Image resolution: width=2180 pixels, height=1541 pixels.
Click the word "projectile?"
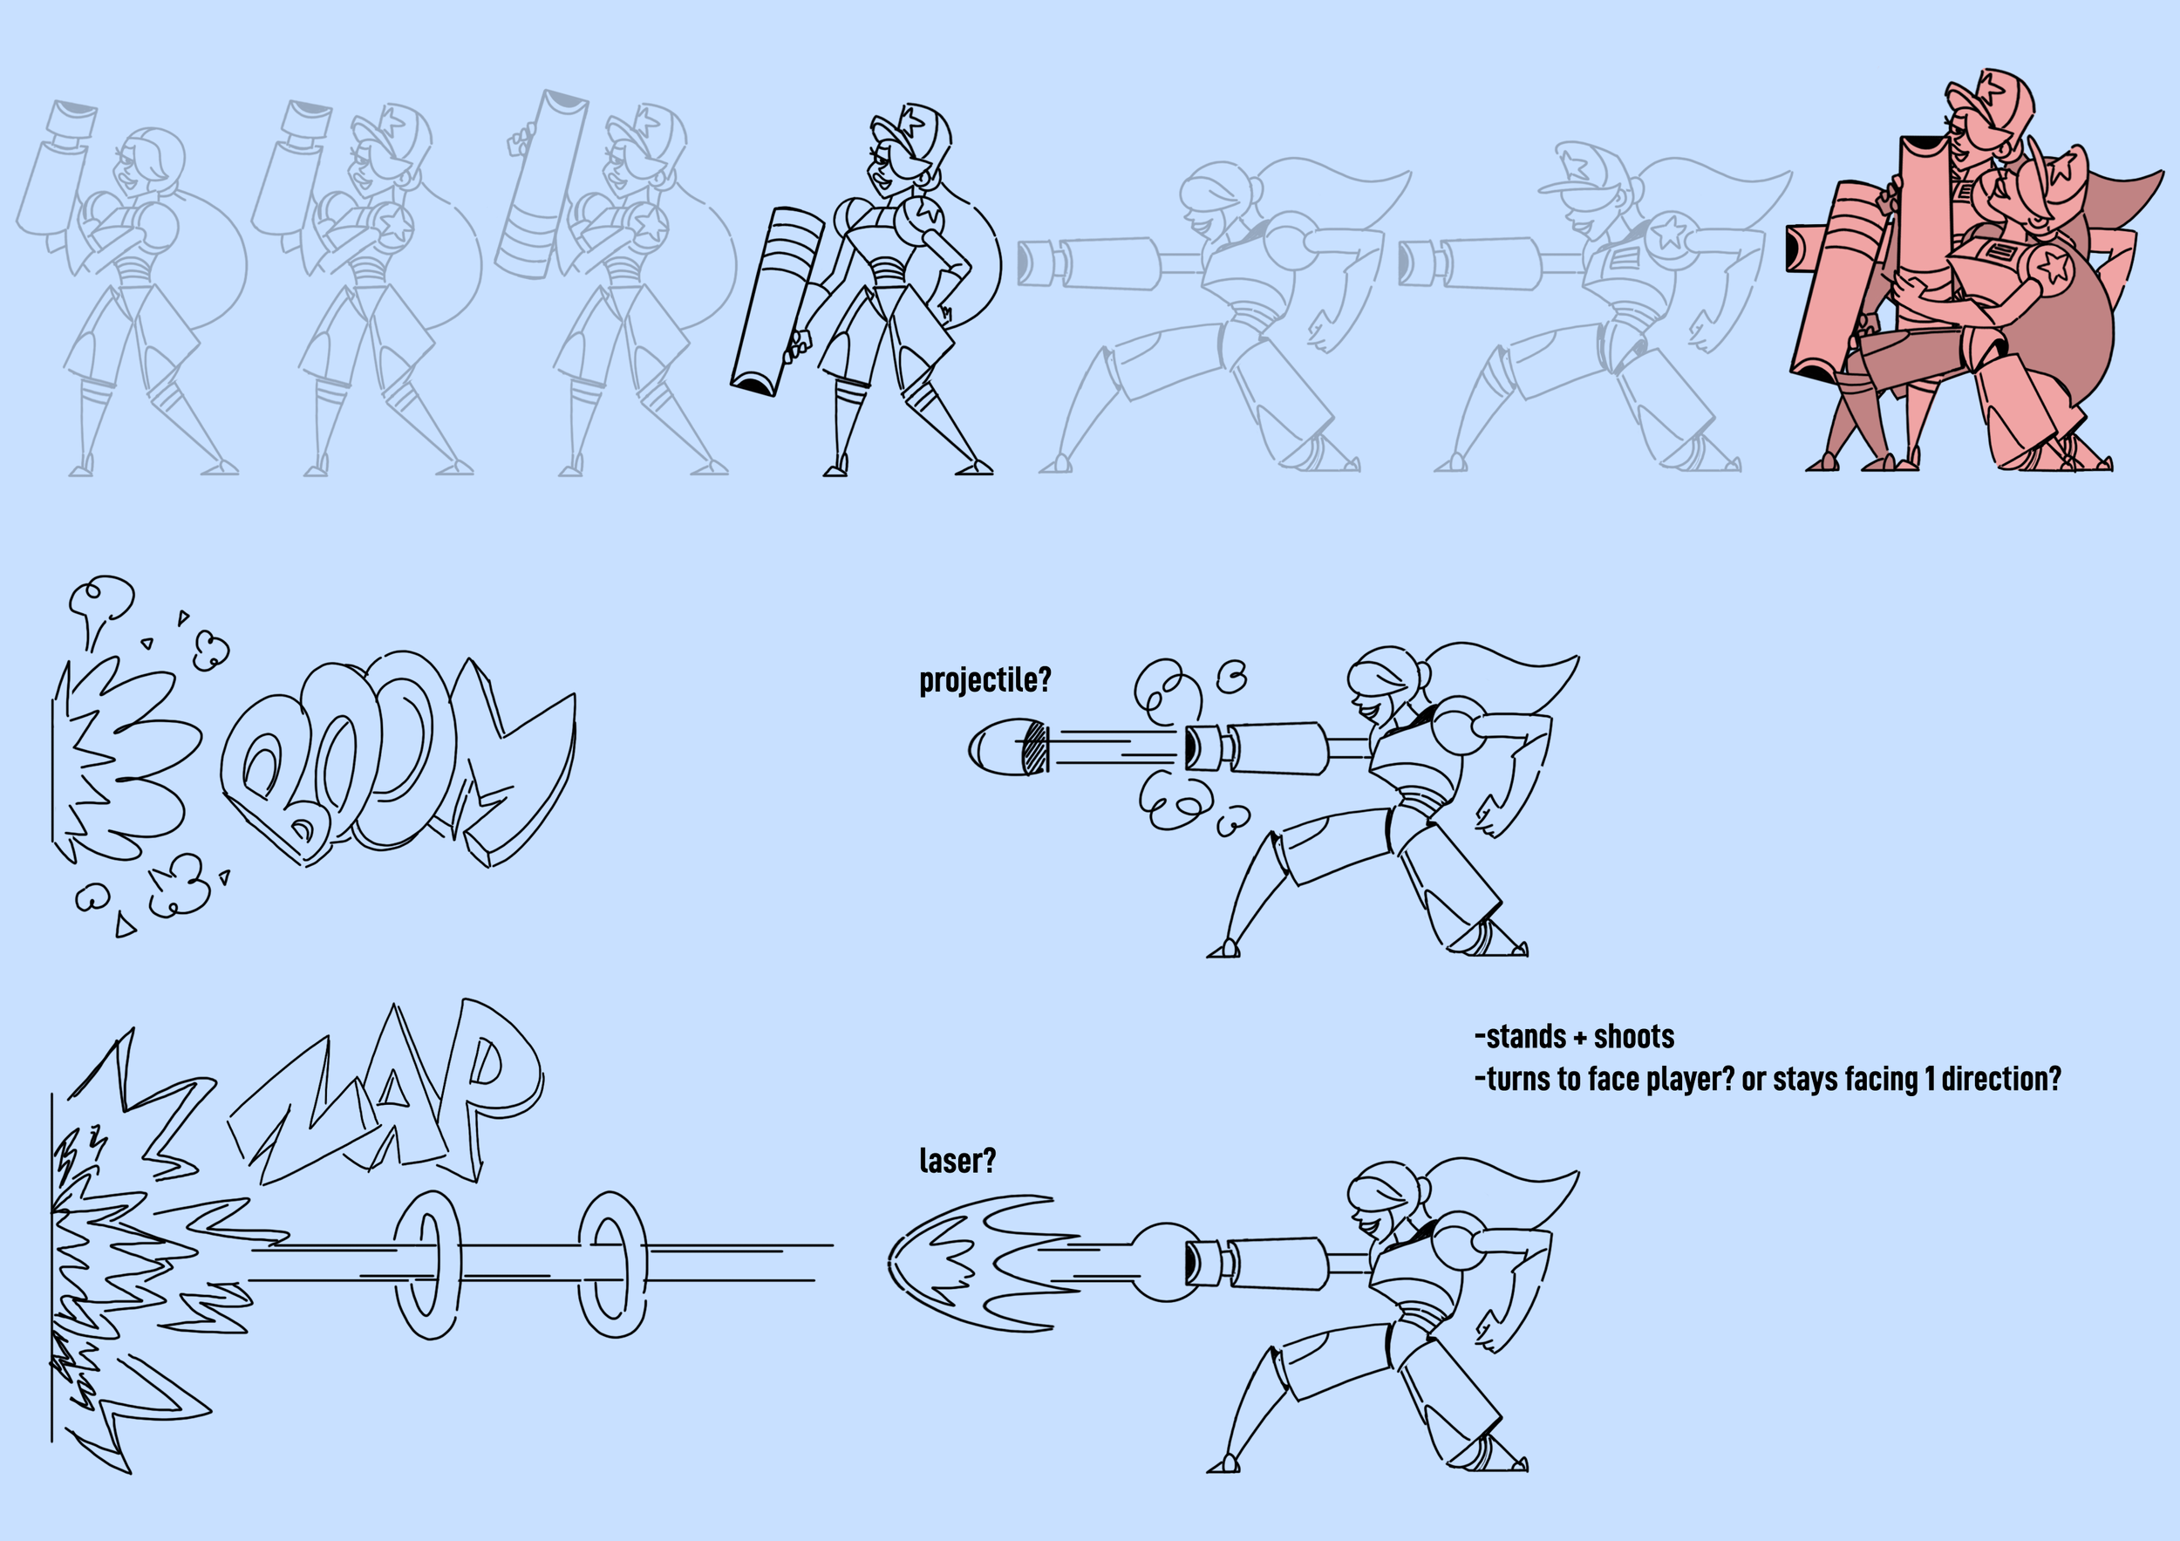click(x=984, y=680)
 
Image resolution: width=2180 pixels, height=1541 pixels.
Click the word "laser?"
click(x=957, y=1160)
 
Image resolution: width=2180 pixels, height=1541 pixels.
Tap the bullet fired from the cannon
click(x=1008, y=747)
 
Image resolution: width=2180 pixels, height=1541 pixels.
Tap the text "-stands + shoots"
click(x=1574, y=1037)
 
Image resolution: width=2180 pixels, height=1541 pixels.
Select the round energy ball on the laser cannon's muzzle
click(x=1161, y=1262)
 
